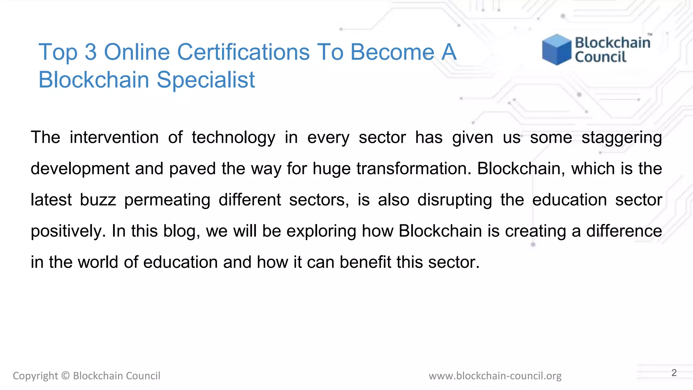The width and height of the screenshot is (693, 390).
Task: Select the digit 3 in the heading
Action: pyautogui.click(x=90, y=52)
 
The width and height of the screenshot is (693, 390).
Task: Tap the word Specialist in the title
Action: pyautogui.click(x=206, y=80)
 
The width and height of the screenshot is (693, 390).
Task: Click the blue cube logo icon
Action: pyautogui.click(x=556, y=49)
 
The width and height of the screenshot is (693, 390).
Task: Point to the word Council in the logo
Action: pyautogui.click(x=601, y=57)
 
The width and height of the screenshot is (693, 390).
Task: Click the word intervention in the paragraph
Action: pyautogui.click(x=114, y=137)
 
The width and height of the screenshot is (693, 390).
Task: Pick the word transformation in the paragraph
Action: pyautogui.click(x=413, y=169)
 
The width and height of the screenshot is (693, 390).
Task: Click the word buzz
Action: pyautogui.click(x=98, y=200)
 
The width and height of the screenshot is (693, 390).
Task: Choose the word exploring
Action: pyautogui.click(x=321, y=232)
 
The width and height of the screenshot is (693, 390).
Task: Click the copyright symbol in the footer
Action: pyautogui.click(x=66, y=376)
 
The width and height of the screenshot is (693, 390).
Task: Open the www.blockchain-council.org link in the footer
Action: pyautogui.click(x=495, y=376)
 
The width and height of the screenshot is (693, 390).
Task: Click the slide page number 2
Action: pyautogui.click(x=674, y=373)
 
